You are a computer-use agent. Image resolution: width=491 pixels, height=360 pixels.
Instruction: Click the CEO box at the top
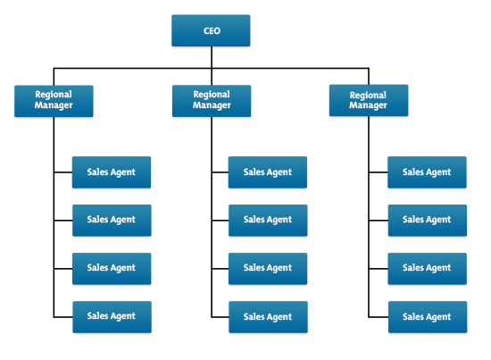pos(211,30)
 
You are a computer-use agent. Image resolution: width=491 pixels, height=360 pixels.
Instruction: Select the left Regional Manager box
pos(54,100)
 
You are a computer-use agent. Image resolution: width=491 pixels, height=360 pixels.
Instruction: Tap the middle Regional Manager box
pos(212,100)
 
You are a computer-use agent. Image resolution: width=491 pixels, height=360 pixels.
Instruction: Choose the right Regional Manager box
pos(368,100)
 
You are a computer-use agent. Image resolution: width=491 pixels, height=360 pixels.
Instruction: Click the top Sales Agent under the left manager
pos(112,172)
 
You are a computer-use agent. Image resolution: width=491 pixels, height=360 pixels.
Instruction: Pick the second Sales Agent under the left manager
pos(112,220)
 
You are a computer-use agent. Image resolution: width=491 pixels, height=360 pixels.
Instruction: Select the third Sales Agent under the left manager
pos(112,268)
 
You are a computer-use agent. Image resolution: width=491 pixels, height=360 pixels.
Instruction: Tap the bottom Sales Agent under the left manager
pos(112,316)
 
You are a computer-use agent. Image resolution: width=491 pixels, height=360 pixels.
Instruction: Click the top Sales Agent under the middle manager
pos(268,172)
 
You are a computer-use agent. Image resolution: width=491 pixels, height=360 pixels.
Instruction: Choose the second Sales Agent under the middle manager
pos(268,220)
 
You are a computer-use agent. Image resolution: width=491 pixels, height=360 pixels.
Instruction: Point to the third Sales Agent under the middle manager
pos(268,268)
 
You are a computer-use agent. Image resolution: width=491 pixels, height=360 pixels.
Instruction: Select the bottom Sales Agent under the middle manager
pos(268,316)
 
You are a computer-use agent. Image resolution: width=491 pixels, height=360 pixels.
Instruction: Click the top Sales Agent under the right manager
pos(427,172)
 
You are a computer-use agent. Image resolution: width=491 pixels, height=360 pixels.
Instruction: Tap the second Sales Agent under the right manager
pos(427,220)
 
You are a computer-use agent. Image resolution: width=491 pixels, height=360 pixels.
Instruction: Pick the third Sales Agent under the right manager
pos(427,268)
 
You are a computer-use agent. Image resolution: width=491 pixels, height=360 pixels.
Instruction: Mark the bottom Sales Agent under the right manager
pos(427,316)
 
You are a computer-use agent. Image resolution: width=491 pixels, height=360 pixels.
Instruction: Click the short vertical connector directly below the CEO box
pos(212,56)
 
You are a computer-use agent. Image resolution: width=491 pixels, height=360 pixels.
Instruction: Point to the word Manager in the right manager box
pos(368,106)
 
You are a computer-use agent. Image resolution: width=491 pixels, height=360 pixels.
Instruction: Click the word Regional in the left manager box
pos(54,94)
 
